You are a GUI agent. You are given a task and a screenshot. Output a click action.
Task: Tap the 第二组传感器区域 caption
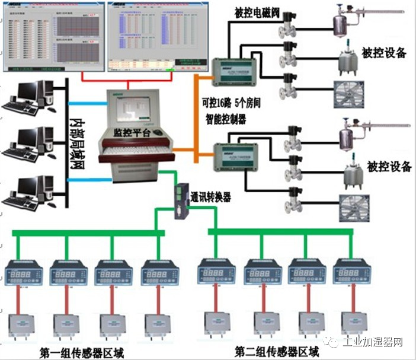click(x=276, y=351)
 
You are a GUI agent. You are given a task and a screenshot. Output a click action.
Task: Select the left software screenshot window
click(x=53, y=35)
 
